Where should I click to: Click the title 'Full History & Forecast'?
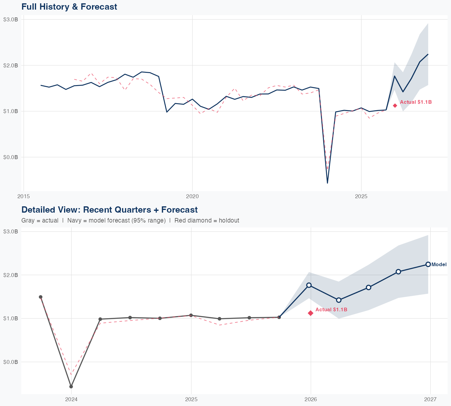(x=69, y=7)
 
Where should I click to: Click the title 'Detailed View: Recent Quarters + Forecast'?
(x=109, y=210)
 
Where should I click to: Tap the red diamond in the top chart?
(x=395, y=106)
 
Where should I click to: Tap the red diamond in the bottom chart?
(x=311, y=313)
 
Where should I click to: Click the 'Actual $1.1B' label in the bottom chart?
(x=331, y=309)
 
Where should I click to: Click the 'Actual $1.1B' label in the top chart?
(x=416, y=102)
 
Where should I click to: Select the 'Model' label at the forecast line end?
(x=439, y=265)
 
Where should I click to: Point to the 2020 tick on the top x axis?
(x=192, y=197)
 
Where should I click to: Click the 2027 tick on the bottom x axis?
(x=430, y=399)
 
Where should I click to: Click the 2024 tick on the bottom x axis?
(x=71, y=399)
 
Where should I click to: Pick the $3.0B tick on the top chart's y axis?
(x=11, y=20)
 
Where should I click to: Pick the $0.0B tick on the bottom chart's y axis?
(x=11, y=362)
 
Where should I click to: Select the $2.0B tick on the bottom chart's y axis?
(x=11, y=275)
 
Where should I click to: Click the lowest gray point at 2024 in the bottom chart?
(x=71, y=386)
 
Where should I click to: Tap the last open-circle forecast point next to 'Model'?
(x=428, y=264)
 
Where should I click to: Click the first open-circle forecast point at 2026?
(x=309, y=285)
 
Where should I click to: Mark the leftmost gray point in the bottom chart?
(x=41, y=297)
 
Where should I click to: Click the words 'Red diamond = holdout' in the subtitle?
(x=207, y=220)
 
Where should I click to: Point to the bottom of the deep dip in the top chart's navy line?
(x=327, y=183)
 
